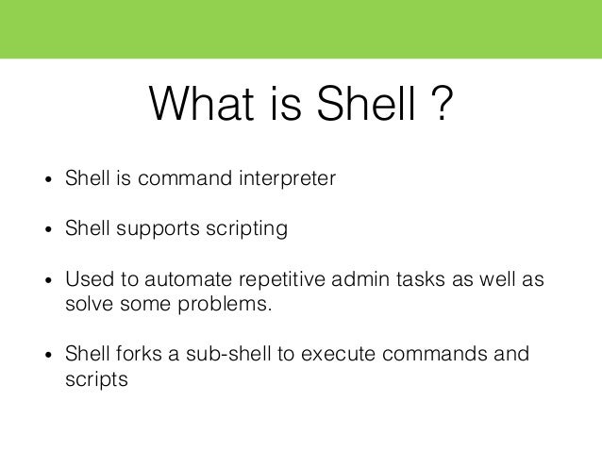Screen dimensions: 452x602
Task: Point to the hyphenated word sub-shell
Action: [218, 355]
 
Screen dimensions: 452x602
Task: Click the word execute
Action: [326, 355]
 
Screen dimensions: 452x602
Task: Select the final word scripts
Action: [95, 380]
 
